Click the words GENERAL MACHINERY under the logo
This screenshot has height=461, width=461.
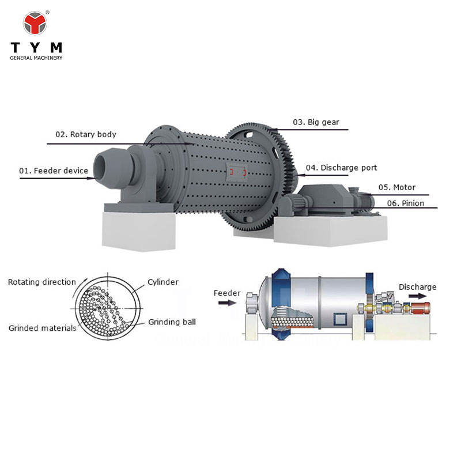click(36, 58)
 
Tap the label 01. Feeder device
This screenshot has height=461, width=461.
click(54, 171)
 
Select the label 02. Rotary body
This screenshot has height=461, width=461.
click(85, 134)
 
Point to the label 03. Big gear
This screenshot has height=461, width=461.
click(316, 122)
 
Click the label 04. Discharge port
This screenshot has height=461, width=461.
click(341, 168)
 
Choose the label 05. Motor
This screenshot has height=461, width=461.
click(396, 187)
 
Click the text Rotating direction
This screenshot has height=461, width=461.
click(41, 282)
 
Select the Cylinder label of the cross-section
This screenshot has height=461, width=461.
click(163, 282)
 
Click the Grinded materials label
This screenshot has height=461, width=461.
click(42, 328)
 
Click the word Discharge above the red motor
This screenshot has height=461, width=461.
click(417, 287)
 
